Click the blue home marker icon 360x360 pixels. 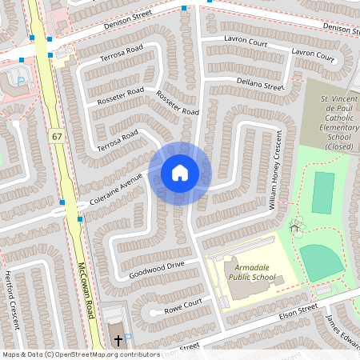click(x=180, y=172)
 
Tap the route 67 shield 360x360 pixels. click(x=56, y=137)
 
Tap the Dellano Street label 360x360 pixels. click(x=260, y=83)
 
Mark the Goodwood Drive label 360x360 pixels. click(x=156, y=269)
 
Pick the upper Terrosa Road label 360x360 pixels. click(x=120, y=55)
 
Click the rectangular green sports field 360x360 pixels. click(x=323, y=193)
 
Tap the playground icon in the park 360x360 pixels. click(x=296, y=228)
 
